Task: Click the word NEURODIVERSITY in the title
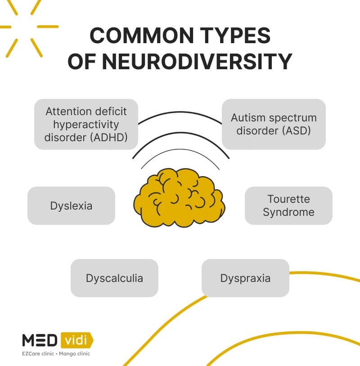pyautogui.click(x=197, y=62)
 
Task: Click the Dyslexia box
pyautogui.click(x=71, y=205)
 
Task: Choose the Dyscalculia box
pyautogui.click(x=114, y=278)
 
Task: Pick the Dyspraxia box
pyautogui.click(x=245, y=278)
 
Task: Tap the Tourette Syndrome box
pyautogui.click(x=288, y=205)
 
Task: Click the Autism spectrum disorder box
pyautogui.click(x=274, y=124)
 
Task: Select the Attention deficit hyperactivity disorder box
pyautogui.click(x=86, y=124)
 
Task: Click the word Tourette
pyautogui.click(x=288, y=199)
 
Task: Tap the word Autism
pyautogui.click(x=247, y=118)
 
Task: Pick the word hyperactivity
pyautogui.click(x=85, y=124)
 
